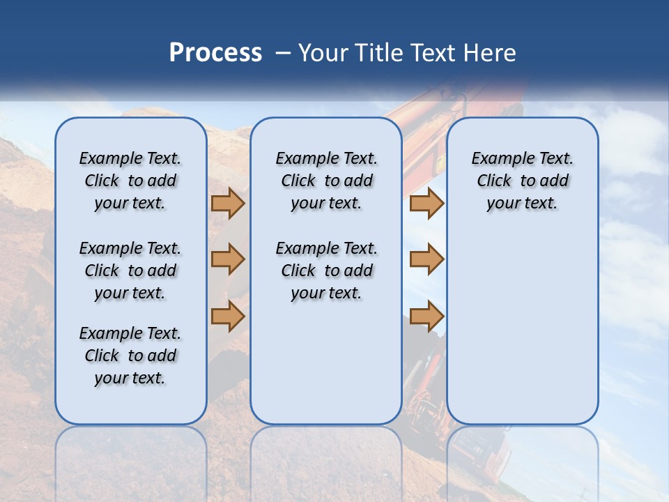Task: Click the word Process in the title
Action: tap(215, 52)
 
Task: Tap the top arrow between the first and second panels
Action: tap(228, 204)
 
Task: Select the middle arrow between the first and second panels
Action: tap(228, 259)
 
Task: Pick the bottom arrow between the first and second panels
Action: tap(228, 316)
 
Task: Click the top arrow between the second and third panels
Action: tap(426, 204)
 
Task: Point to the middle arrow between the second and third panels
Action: tap(426, 259)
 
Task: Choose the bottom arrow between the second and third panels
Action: tap(426, 316)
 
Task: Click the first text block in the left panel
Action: tap(130, 181)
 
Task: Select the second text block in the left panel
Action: tap(130, 271)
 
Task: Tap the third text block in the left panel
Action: tap(130, 356)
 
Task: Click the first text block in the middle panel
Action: tap(326, 181)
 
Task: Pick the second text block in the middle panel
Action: tap(326, 271)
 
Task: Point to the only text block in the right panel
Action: tap(522, 181)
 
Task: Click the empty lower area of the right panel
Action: tap(522, 328)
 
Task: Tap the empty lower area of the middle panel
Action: tap(326, 363)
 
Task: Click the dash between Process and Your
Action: tap(284, 53)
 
